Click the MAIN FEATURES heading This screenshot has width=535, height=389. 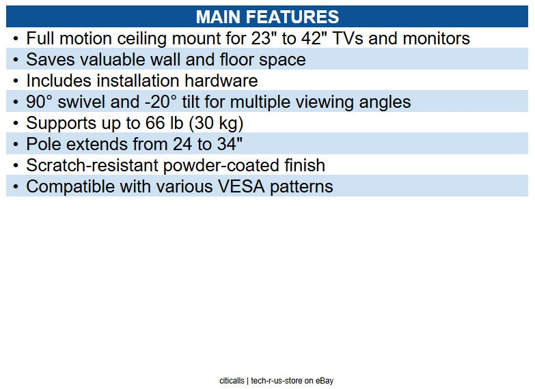(x=266, y=16)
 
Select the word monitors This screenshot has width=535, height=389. (x=436, y=38)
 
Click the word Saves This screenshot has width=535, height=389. (x=48, y=59)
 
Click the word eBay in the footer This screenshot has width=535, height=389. (x=325, y=381)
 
